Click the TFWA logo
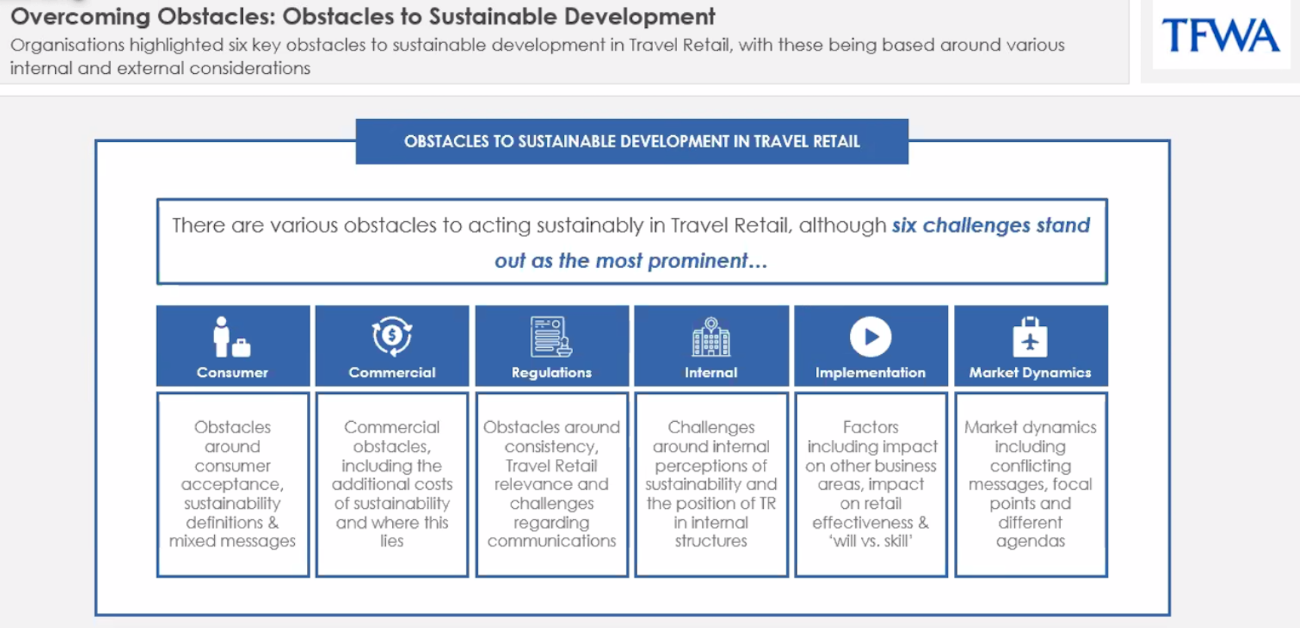click(x=1221, y=35)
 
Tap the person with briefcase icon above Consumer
click(x=231, y=337)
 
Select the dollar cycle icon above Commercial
click(x=392, y=336)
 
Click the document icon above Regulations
click(x=551, y=337)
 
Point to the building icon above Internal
click(x=711, y=337)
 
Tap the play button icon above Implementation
click(x=871, y=337)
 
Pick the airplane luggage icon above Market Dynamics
click(x=1030, y=337)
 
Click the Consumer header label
click(x=232, y=372)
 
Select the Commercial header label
click(x=392, y=372)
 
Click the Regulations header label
click(x=551, y=372)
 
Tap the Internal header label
click(x=711, y=372)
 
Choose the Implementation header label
click(x=870, y=372)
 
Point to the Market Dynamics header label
click(x=1030, y=372)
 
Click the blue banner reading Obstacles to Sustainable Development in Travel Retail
click(x=632, y=141)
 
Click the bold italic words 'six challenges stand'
click(x=991, y=225)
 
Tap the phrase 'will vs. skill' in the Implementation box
click(x=871, y=541)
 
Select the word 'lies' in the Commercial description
click(x=392, y=541)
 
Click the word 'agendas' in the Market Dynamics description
click(x=1030, y=542)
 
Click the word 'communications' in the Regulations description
click(x=551, y=541)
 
